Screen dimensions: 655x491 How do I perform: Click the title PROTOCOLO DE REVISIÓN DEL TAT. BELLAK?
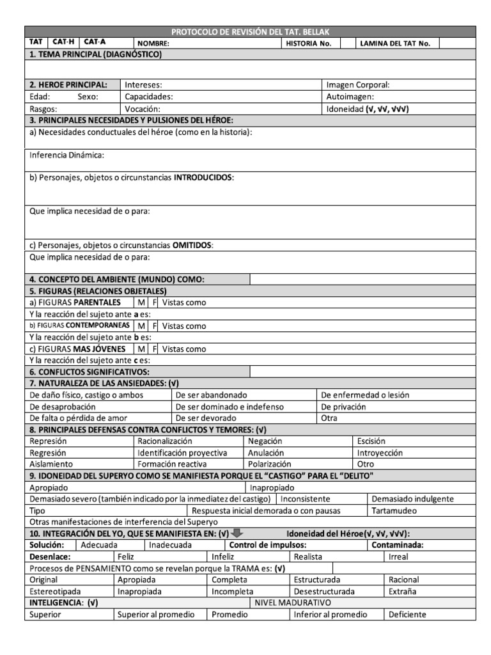click(x=250, y=32)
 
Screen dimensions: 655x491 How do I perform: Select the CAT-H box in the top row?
click(x=63, y=42)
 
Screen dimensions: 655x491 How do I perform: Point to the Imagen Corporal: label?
click(x=357, y=84)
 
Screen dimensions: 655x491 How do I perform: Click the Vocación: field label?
click(x=143, y=109)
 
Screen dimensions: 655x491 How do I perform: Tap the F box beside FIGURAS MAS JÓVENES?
click(x=154, y=349)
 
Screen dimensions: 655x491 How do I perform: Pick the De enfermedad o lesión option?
click(x=365, y=395)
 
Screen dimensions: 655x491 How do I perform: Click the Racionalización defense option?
click(x=164, y=441)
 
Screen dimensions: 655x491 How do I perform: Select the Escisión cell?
click(x=371, y=441)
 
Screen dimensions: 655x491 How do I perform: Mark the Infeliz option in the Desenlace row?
click(x=223, y=556)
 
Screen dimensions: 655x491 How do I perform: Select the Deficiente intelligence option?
click(x=407, y=614)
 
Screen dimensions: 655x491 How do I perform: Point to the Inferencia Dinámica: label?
click(x=67, y=155)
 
